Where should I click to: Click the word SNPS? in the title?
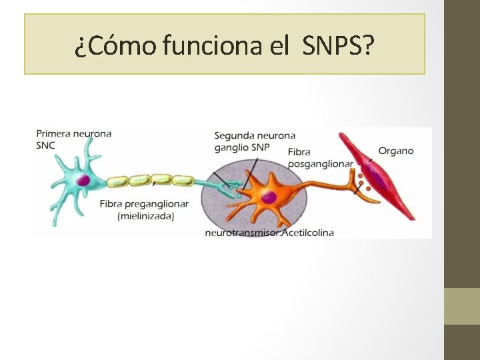(x=339, y=46)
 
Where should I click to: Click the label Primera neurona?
(x=73, y=133)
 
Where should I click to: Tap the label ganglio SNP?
(x=242, y=147)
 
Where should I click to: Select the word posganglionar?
(x=320, y=163)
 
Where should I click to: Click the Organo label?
(x=396, y=151)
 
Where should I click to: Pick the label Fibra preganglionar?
(x=143, y=203)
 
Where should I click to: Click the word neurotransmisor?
(x=243, y=233)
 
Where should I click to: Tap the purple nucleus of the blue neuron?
(x=83, y=180)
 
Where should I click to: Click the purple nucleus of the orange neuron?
(x=268, y=196)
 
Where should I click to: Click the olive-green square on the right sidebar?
(x=461, y=306)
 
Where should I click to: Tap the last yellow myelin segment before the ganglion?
(x=182, y=181)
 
